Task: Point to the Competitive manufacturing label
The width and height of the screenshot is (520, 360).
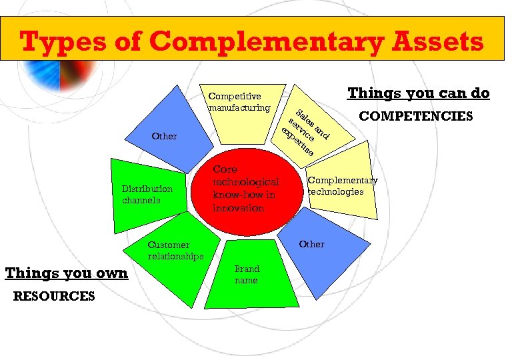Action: pyautogui.click(x=239, y=102)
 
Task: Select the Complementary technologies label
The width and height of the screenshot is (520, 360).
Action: pyautogui.click(x=342, y=186)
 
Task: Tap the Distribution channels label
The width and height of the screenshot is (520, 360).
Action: pyautogui.click(x=147, y=194)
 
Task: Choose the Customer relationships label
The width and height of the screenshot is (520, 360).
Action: pyautogui.click(x=175, y=251)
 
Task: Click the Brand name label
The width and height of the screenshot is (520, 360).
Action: pyautogui.click(x=246, y=275)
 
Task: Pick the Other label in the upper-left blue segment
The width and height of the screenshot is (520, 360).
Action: pyautogui.click(x=165, y=137)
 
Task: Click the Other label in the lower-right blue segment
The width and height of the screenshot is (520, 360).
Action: pyautogui.click(x=311, y=244)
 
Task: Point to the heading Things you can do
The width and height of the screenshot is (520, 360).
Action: pyautogui.click(x=419, y=93)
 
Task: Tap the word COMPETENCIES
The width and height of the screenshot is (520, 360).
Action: pyautogui.click(x=416, y=117)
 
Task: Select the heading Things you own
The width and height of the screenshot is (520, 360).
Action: pyautogui.click(x=67, y=273)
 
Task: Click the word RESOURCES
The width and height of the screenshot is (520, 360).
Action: pyautogui.click(x=54, y=296)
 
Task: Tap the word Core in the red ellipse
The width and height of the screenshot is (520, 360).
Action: pyautogui.click(x=225, y=169)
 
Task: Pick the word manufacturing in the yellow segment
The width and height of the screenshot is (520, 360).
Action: pyautogui.click(x=239, y=107)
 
